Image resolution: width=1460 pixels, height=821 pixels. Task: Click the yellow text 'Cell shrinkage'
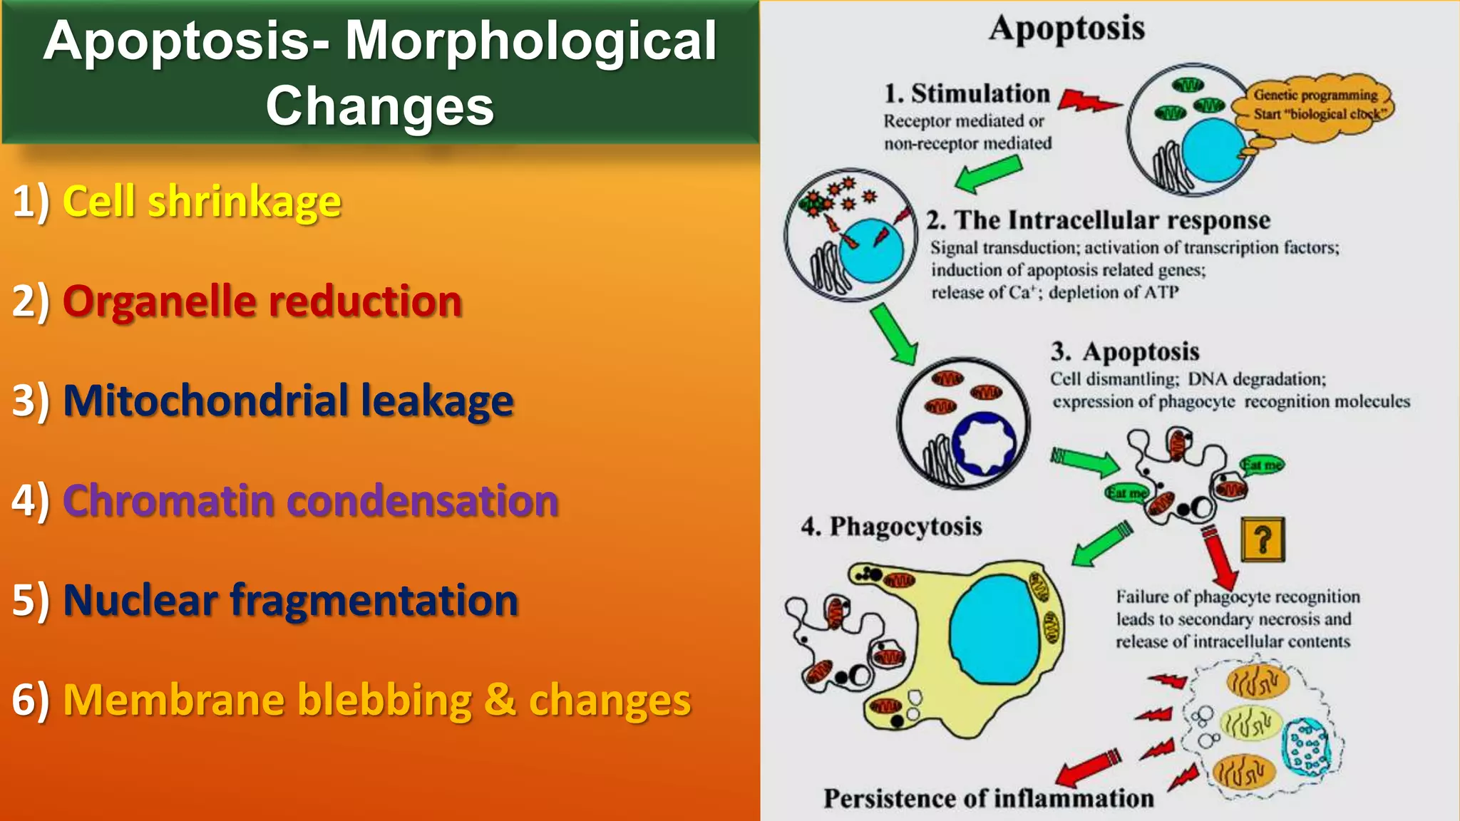tap(202, 202)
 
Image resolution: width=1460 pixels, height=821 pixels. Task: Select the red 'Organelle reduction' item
tap(262, 301)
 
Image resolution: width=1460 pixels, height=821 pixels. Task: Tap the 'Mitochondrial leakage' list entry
tap(288, 401)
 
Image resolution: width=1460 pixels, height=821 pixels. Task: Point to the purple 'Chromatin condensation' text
tap(311, 500)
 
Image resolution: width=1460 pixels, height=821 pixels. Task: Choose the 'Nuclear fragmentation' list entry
tap(290, 600)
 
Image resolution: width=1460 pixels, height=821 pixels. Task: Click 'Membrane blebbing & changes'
tap(376, 700)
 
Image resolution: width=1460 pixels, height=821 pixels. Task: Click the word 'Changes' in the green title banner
tap(379, 105)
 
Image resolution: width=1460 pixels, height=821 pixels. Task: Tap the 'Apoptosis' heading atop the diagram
tap(1066, 29)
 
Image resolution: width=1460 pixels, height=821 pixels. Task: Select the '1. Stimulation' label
tap(967, 93)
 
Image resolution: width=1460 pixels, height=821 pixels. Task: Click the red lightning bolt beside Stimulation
tap(1086, 101)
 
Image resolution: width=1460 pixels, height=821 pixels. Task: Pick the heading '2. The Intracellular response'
tap(1098, 220)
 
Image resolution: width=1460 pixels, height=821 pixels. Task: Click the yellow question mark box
tap(1263, 539)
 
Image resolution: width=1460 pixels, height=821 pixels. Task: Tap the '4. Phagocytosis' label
tap(891, 527)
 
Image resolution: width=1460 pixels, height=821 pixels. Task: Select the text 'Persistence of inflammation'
tap(988, 798)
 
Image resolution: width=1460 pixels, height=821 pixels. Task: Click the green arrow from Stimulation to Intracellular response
tap(988, 175)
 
